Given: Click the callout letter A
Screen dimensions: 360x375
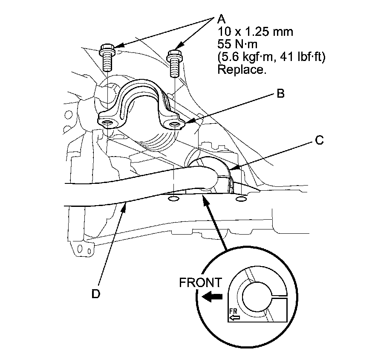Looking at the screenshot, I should coord(221,19).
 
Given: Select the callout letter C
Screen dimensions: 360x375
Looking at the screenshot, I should coord(320,140).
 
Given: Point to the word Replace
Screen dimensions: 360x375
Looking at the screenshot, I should coord(242,70).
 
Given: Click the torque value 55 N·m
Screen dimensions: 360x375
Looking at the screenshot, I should coord(237,44).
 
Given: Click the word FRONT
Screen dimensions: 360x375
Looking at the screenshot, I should coord(200,283).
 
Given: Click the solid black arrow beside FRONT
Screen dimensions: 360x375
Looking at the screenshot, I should coord(212,297).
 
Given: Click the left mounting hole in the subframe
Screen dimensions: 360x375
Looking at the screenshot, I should coord(173,199).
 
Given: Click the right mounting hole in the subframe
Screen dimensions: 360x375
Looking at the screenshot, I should coord(240,200).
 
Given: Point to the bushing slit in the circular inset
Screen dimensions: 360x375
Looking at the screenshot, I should coord(280,297).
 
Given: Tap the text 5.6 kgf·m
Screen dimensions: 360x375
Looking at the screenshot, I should coord(247,58).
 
